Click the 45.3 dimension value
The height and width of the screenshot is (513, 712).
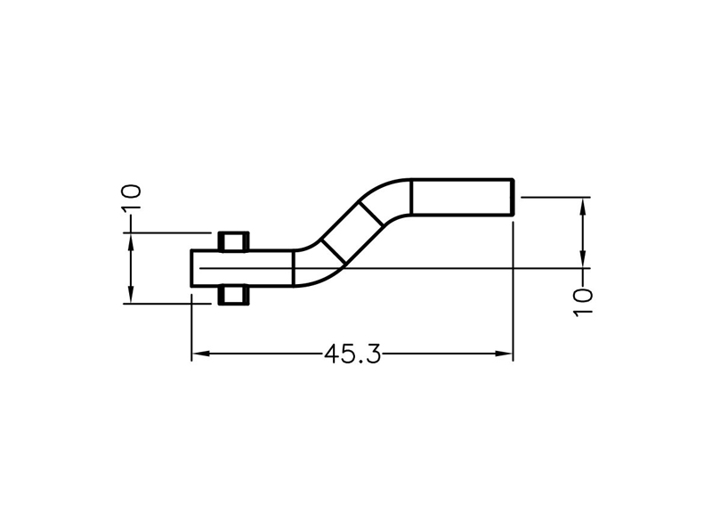[x=352, y=354]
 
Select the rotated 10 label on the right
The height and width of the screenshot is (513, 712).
[x=583, y=303]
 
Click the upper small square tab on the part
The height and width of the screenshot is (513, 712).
[x=234, y=241]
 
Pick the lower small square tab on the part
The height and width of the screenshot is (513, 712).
[x=234, y=296]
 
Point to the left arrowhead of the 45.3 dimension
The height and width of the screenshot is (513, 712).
[x=200, y=354]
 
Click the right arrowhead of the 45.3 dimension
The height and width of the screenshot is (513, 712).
[x=504, y=354]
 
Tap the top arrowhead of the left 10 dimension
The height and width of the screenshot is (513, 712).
[x=131, y=241]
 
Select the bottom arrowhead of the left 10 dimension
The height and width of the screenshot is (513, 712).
[x=131, y=295]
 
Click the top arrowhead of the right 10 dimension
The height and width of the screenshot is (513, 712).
[x=583, y=207]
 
